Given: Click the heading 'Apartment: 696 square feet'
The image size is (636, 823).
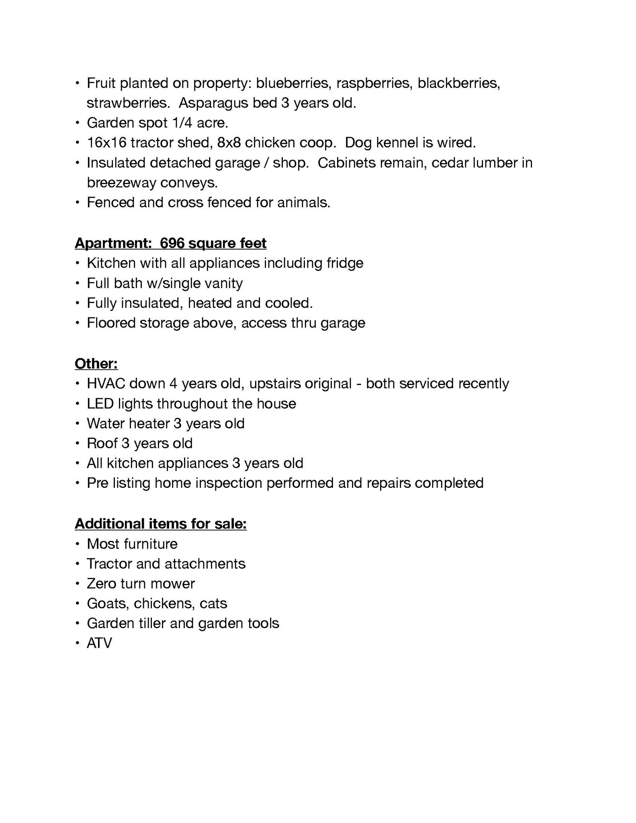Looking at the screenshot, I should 170,243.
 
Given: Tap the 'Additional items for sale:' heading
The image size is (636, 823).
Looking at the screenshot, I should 161,524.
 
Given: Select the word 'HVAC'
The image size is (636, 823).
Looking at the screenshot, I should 106,383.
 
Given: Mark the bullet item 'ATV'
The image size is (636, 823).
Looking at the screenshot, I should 99,643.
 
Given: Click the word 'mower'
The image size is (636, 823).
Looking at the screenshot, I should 176,583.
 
